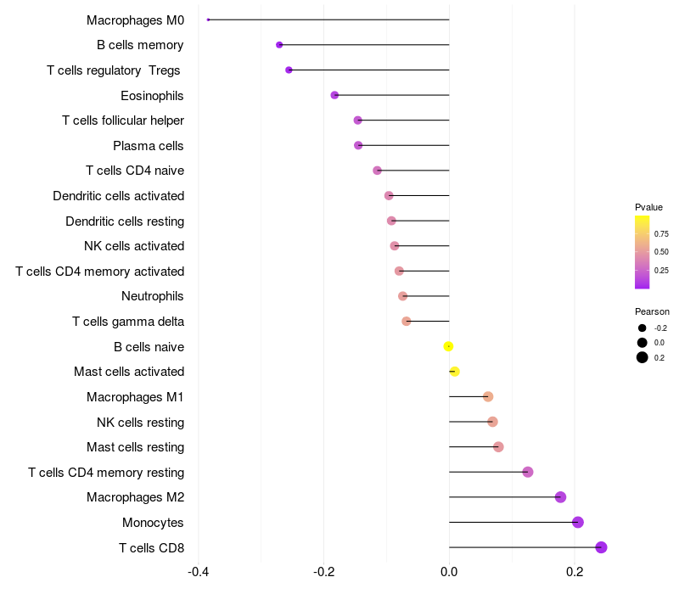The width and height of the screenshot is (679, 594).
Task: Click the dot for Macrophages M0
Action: coord(208,20)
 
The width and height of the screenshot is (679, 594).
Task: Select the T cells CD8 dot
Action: coord(601,547)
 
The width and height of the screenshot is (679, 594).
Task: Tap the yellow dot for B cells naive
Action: coord(448,346)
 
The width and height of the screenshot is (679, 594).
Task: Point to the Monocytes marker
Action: coord(578,522)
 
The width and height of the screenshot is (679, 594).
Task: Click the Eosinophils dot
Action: coord(334,95)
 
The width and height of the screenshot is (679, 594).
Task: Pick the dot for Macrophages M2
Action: coord(560,497)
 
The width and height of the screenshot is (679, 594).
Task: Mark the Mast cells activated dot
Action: coord(454,372)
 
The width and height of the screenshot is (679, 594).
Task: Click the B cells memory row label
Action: coord(140,45)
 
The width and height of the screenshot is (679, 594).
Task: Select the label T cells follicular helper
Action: coord(123,120)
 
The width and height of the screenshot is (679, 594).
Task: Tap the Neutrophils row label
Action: coord(153,296)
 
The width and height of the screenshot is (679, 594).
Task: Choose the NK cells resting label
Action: coord(140,422)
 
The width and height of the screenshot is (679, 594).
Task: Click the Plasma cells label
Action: coord(149,146)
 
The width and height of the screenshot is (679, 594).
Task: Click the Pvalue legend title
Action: coord(648,207)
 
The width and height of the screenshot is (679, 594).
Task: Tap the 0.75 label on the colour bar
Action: coord(661,233)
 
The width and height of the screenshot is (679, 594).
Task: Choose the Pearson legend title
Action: coord(652,311)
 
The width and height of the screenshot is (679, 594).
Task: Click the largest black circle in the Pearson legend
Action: coord(643,357)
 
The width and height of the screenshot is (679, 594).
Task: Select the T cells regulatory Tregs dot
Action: coord(289,70)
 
